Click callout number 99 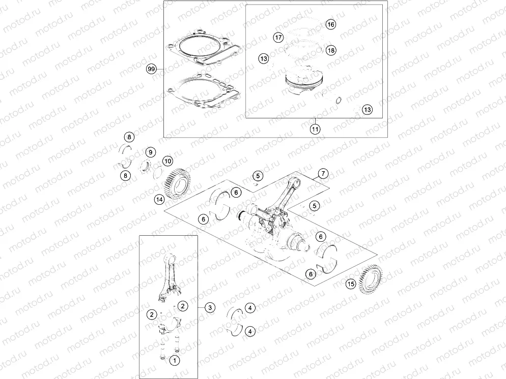[151, 69]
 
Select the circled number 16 [330, 24]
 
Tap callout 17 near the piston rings [278, 37]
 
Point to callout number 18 [330, 50]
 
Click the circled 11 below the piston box [316, 129]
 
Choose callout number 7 [322, 174]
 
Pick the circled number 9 [150, 152]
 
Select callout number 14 [160, 200]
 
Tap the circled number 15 [351, 283]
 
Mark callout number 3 [210, 307]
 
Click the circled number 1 [175, 361]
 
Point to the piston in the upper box [304, 81]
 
